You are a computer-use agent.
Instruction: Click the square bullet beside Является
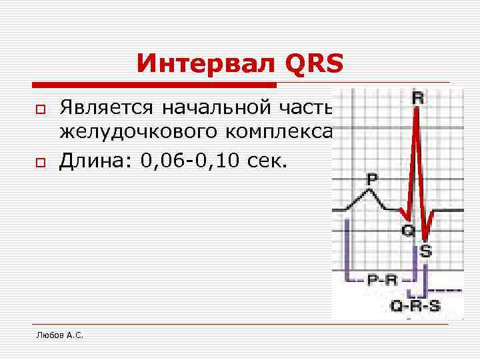[41, 108]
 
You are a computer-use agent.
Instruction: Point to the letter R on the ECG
[418, 99]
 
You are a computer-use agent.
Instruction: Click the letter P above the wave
[371, 179]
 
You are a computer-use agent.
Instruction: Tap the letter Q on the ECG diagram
[408, 230]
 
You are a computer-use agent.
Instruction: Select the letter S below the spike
[426, 251]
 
